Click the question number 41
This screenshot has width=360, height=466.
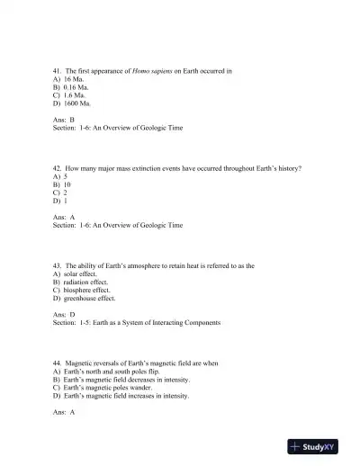point(58,70)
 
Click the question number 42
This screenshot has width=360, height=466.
point(58,168)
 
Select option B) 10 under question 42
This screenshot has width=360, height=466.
point(61,184)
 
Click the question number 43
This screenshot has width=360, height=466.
point(58,265)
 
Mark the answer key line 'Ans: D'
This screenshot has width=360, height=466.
point(64,314)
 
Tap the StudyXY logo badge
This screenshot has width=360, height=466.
point(319,445)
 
